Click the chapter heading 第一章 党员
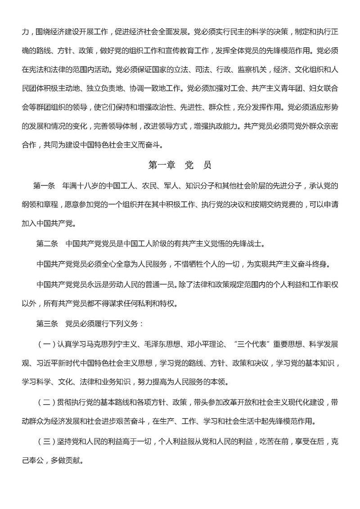point(180,165)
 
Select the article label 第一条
point(44,185)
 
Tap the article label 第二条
point(47,244)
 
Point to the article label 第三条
point(47,324)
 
